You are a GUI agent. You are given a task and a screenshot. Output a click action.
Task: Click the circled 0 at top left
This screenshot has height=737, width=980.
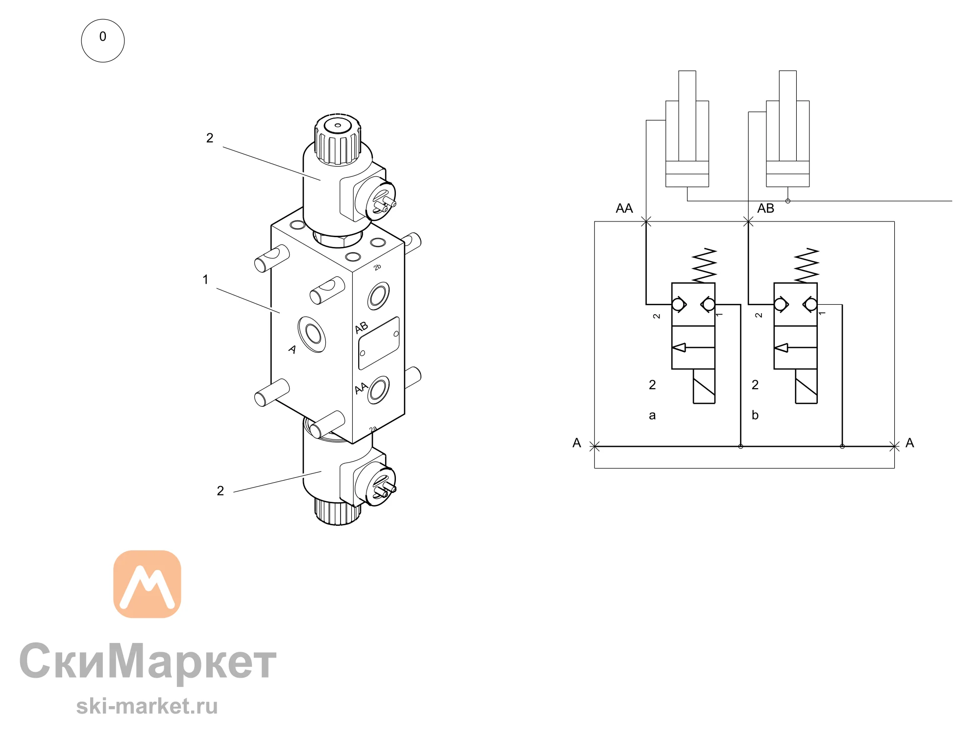(x=103, y=41)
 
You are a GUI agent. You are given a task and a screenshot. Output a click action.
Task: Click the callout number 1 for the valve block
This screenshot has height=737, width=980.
(x=205, y=280)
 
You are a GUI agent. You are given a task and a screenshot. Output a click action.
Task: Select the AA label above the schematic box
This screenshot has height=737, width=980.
(x=624, y=208)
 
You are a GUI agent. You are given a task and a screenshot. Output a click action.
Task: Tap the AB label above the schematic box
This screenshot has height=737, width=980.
(x=765, y=208)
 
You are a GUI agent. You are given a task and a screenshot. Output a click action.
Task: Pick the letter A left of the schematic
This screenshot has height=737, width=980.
(x=577, y=443)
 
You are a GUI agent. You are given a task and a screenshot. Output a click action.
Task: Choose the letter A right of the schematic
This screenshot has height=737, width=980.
(x=910, y=443)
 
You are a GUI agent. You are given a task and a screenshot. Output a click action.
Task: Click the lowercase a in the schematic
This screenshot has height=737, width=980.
(x=652, y=416)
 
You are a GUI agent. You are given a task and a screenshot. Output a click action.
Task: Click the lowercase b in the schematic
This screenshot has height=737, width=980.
(x=755, y=415)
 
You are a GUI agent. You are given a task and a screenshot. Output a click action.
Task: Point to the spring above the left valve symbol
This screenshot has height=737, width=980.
(x=705, y=265)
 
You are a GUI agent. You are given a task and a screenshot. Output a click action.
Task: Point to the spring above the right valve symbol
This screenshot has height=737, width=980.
(x=807, y=265)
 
